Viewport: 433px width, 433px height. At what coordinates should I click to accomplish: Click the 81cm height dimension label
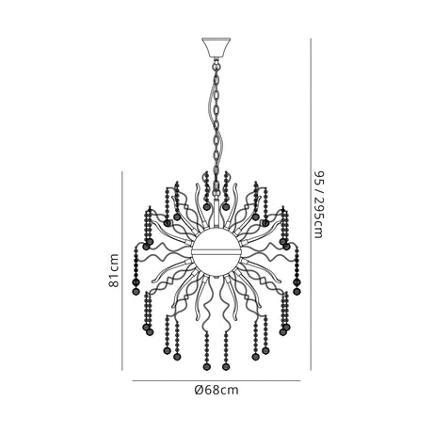point(114,270)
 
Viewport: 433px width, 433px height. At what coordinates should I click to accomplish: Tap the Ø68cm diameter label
point(216,390)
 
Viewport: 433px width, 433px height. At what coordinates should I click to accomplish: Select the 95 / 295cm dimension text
point(318,204)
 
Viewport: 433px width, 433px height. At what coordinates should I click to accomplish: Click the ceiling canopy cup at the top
point(216,48)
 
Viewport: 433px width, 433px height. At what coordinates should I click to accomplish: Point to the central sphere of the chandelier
point(216,252)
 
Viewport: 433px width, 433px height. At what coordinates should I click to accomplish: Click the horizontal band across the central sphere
point(216,251)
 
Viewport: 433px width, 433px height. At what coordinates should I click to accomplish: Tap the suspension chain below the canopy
point(216,124)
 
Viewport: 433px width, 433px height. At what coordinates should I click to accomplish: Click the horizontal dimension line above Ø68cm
point(216,381)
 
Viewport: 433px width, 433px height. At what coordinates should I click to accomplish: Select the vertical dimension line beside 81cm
point(122,270)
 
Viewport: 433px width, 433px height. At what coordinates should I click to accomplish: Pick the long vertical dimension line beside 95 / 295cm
point(311,204)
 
